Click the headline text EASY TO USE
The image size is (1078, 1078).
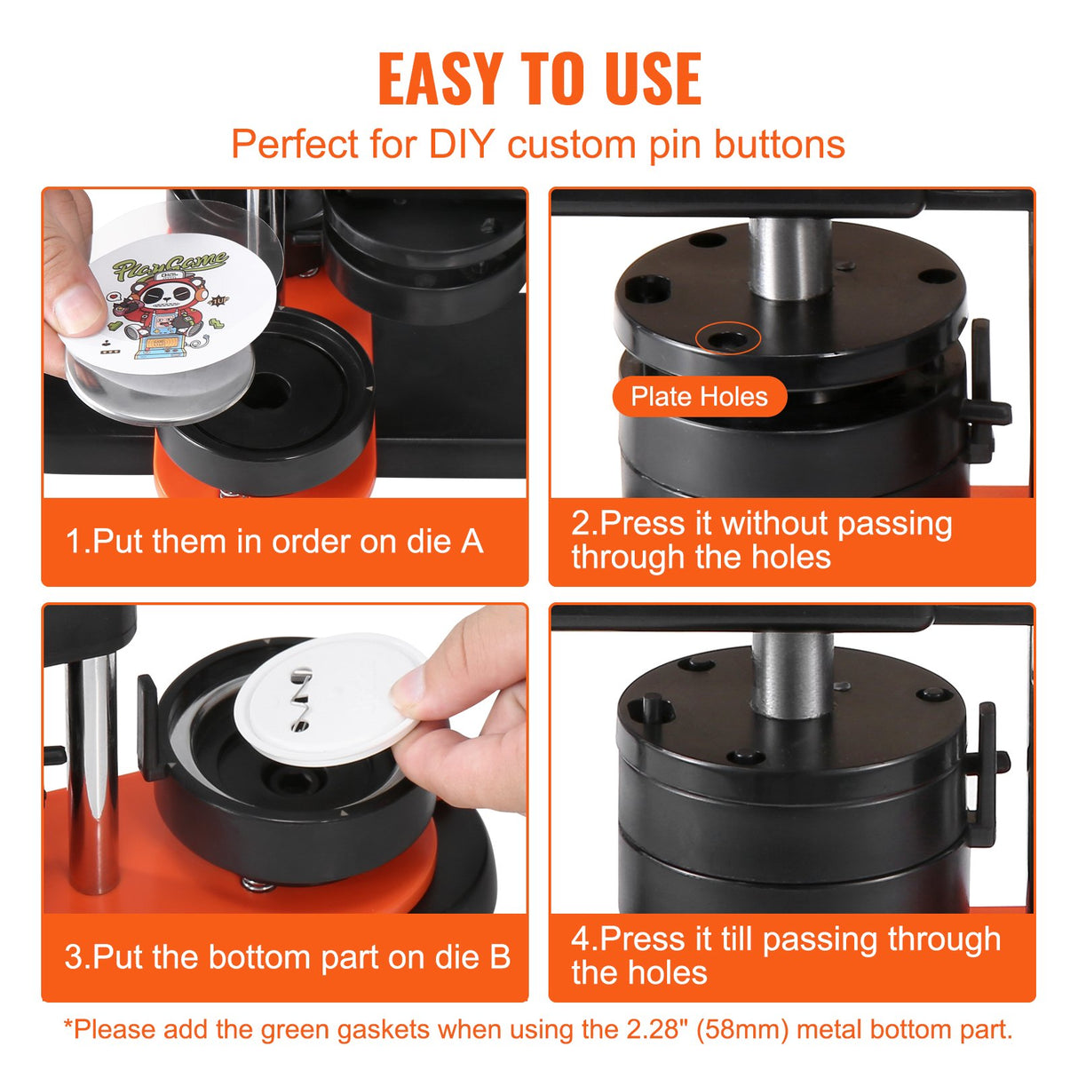539,79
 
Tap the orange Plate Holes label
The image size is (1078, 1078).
699,397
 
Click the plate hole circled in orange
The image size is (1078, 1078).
727,338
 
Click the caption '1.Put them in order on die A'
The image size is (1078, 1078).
274,542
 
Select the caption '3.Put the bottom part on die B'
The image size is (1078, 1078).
287,957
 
